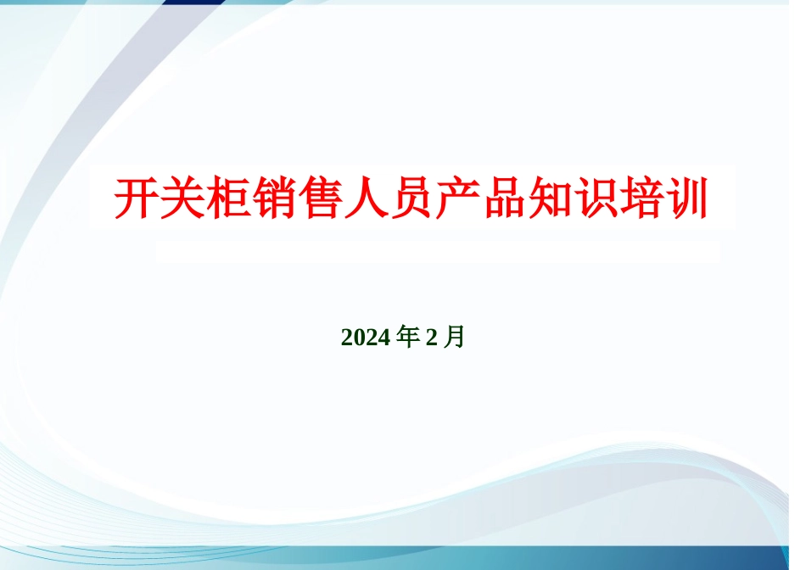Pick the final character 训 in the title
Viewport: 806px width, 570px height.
point(686,198)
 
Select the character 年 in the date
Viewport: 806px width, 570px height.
point(408,338)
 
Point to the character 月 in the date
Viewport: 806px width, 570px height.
point(455,338)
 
